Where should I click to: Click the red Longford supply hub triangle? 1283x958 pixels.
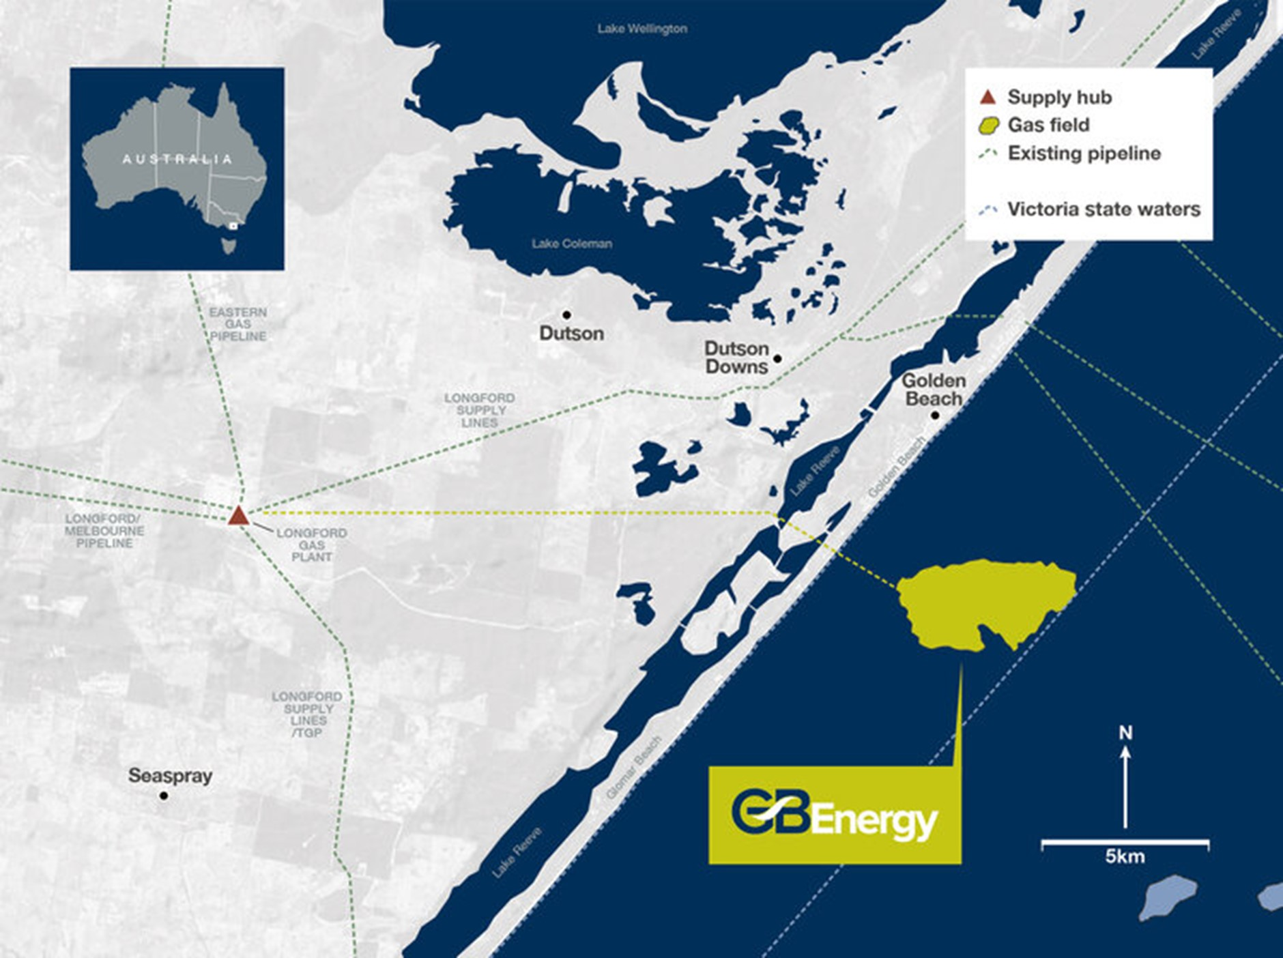(x=237, y=517)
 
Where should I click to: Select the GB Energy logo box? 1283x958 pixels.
(x=835, y=815)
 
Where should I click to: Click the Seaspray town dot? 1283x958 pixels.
(x=164, y=796)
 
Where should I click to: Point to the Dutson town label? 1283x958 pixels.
(x=571, y=334)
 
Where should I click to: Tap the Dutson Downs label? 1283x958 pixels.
(x=736, y=358)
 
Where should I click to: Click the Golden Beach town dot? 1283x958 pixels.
(x=935, y=415)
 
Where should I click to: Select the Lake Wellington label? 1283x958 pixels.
(x=642, y=29)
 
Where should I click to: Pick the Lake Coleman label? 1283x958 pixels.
(x=572, y=244)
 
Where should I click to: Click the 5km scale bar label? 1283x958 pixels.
(x=1125, y=857)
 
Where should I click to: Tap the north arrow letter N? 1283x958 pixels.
(x=1125, y=734)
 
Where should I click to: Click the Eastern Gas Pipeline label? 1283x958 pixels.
(x=238, y=324)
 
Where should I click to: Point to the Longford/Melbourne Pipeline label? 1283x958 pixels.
(x=104, y=531)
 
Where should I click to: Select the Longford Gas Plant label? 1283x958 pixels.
(x=312, y=545)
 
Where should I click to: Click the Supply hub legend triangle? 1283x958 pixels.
(x=988, y=97)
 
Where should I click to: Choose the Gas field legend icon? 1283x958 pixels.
(x=988, y=126)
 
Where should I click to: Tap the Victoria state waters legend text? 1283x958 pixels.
(x=1104, y=209)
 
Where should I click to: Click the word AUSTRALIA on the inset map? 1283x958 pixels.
(x=177, y=159)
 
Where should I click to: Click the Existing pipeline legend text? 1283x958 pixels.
(x=1084, y=154)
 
